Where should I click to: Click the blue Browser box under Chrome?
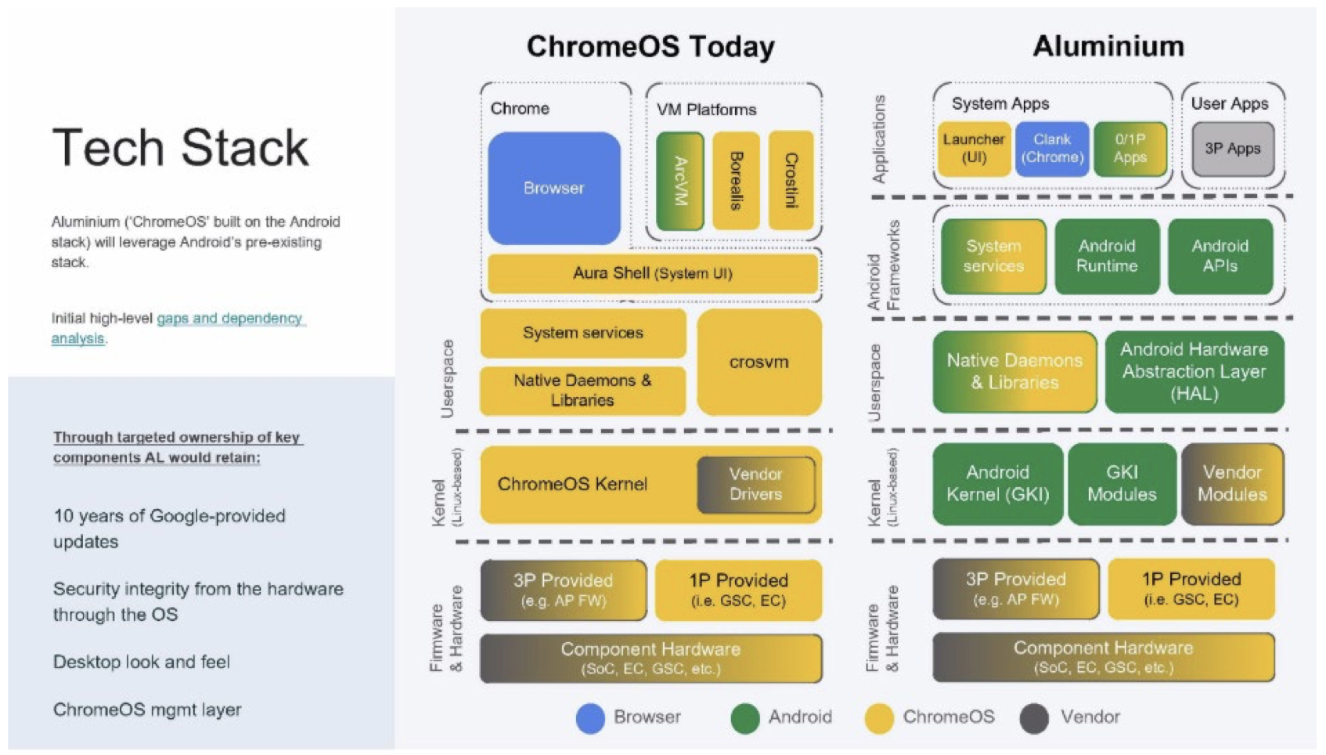tap(553, 188)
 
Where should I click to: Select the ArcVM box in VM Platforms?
tap(679, 181)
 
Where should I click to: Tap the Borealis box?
tap(736, 181)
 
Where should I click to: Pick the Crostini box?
tap(791, 181)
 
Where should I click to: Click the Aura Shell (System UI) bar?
tap(652, 273)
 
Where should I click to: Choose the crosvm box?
tap(758, 362)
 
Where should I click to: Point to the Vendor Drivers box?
tap(755, 484)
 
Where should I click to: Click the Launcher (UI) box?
tap(973, 148)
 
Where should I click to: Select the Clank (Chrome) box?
tap(1051, 148)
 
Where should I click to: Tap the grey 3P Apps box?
tap(1232, 148)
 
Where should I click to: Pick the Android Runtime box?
tap(1106, 256)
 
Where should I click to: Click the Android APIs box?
tap(1220, 256)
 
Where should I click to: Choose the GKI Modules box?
tap(1121, 483)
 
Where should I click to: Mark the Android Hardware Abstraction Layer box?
tap(1194, 371)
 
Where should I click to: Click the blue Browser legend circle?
tap(590, 718)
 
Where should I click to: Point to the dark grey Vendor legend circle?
tap(1034, 718)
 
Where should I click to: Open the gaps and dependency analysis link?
tap(178, 328)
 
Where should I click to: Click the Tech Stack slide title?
tap(181, 147)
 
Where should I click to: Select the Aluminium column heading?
tap(1108, 46)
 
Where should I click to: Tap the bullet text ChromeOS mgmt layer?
tap(147, 710)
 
